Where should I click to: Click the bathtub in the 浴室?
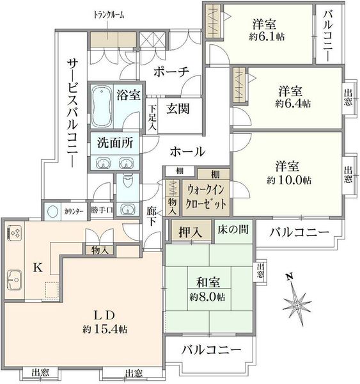pos(102,106)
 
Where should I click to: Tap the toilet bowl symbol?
pos(128,180)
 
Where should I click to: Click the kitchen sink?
pos(14,280)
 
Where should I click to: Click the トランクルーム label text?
pos(109,15)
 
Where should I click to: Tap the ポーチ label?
pos(171,72)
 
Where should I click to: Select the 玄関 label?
pos(178,109)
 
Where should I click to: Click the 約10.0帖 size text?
pos(289,180)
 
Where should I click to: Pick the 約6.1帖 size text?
pos(267,37)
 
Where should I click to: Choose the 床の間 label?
pos(233,230)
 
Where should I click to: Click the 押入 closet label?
pos(191,232)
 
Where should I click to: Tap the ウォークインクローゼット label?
pos(205,197)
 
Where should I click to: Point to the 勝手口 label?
pos(102,210)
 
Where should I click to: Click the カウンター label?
pos(74,211)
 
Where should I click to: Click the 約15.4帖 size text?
pos(105,330)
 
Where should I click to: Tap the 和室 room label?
pos(208,282)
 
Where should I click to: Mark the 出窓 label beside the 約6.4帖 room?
pos(348,97)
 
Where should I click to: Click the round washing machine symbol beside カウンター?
pos(52,211)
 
